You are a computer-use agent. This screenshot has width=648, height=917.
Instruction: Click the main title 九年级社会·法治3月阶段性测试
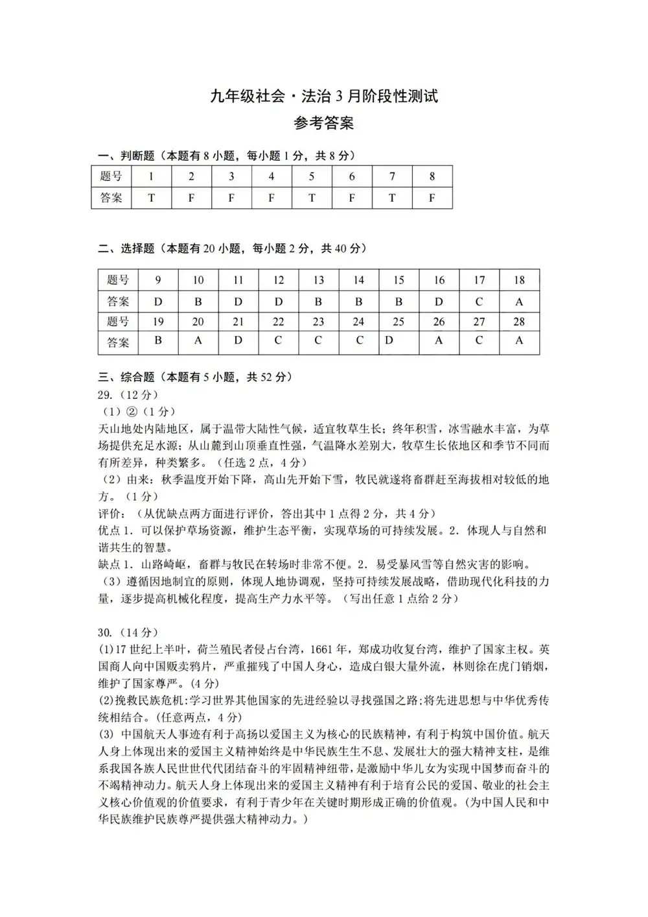324,97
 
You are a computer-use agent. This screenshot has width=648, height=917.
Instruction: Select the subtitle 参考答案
324,123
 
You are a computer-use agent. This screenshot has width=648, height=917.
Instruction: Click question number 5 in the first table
312,176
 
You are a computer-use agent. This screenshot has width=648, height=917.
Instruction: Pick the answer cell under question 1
151,198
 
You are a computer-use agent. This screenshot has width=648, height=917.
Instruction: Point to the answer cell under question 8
432,198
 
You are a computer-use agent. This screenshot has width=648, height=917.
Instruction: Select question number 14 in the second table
358,280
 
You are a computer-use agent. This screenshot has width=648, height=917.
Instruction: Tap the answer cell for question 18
519,302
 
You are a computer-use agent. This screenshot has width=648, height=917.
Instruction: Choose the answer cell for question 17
479,302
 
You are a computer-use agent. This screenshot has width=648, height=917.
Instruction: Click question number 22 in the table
279,322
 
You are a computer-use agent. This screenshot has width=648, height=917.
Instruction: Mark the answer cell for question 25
389,340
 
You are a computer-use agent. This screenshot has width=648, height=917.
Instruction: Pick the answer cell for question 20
198,340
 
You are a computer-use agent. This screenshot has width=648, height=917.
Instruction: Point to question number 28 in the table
519,322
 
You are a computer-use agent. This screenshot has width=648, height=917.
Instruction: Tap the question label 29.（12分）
128,394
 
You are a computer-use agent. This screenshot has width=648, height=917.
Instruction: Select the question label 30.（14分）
128,632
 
